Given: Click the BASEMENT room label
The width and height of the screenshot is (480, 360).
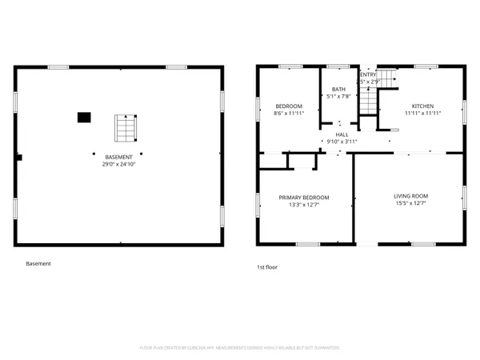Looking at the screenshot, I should pyautogui.click(x=118, y=157).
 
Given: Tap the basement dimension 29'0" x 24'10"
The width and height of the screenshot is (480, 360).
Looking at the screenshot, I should pyautogui.click(x=118, y=164).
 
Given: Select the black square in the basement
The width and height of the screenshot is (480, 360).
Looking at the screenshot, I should pyautogui.click(x=83, y=118).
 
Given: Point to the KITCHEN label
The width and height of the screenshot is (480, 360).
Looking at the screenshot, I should pyautogui.click(x=422, y=106).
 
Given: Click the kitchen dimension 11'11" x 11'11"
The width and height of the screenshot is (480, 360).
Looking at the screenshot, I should pyautogui.click(x=422, y=114).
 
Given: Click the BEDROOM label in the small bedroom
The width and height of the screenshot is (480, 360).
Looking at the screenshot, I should pyautogui.click(x=289, y=106).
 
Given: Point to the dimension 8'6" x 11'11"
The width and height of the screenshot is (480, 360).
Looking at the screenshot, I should pyautogui.click(x=289, y=114).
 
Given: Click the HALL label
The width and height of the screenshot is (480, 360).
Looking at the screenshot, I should pyautogui.click(x=341, y=134).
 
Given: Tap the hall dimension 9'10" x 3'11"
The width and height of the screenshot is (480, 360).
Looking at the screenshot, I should pyautogui.click(x=341, y=142).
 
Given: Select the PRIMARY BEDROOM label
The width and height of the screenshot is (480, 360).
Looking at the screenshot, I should pyautogui.click(x=303, y=198).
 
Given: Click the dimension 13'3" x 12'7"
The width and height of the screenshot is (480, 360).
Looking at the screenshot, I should pyautogui.click(x=303, y=205).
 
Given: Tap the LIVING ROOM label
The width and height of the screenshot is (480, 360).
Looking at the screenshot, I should pyautogui.click(x=410, y=196).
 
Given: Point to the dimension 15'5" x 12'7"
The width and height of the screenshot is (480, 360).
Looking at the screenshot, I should pyautogui.click(x=410, y=203).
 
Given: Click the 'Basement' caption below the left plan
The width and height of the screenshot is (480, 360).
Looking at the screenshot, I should pyautogui.click(x=38, y=263).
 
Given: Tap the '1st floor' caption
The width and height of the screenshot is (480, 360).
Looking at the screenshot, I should pyautogui.click(x=266, y=266).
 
